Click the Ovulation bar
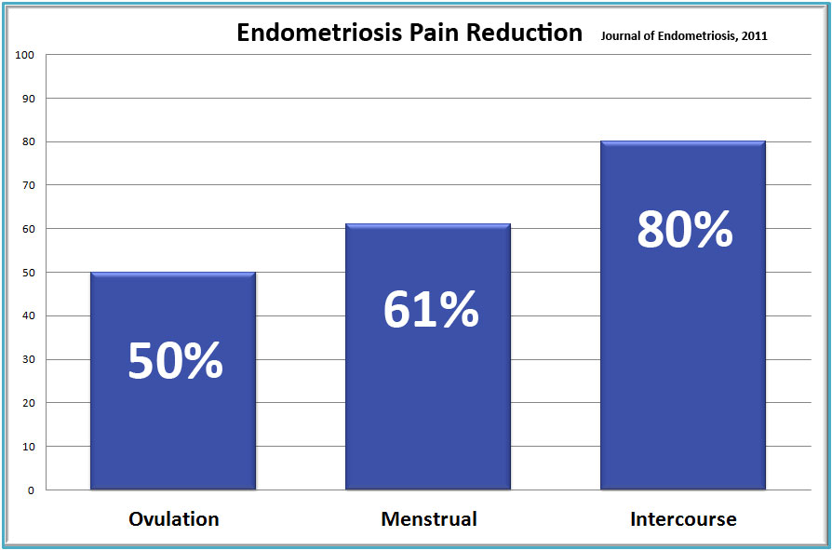(173, 381)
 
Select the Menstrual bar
(428, 356)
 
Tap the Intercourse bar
(683, 315)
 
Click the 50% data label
(176, 361)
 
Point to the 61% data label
(431, 310)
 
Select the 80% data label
(685, 230)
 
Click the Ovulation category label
(173, 518)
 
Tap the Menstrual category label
(429, 518)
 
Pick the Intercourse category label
(683, 518)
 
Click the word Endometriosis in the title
(319, 33)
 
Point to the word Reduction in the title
(524, 33)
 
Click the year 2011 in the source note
(755, 36)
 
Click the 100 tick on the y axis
(24, 55)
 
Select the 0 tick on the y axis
(31, 490)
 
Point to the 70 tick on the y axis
(28, 185)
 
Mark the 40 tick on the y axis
(28, 316)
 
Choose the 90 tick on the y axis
(28, 99)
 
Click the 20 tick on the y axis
(28, 403)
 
